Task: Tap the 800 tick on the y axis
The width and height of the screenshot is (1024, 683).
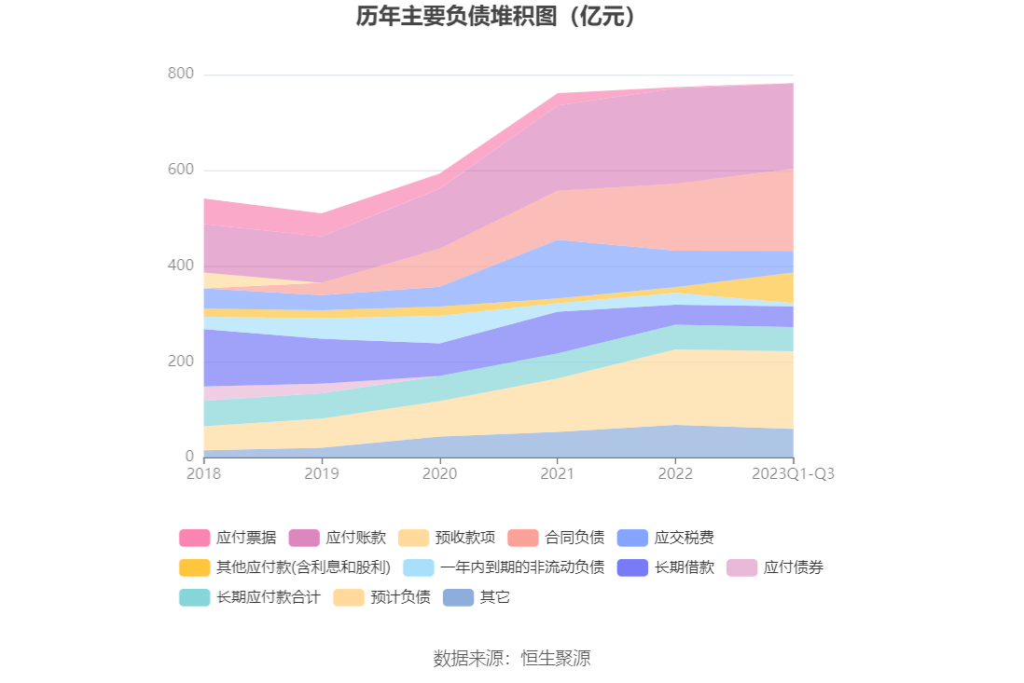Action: coord(181,74)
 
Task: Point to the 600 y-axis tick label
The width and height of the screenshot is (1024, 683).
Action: coord(181,170)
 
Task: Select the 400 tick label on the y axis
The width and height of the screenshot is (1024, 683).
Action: coord(181,266)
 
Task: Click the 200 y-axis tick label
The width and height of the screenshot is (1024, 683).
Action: coord(181,362)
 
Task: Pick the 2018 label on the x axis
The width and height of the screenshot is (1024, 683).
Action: coord(204,473)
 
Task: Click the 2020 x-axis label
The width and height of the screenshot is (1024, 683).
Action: coord(439,473)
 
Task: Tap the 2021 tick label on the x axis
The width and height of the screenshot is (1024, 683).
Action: coord(557,473)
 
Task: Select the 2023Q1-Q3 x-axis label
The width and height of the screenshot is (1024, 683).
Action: coord(793,473)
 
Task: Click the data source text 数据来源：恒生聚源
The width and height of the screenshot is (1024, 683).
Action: coord(512,658)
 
